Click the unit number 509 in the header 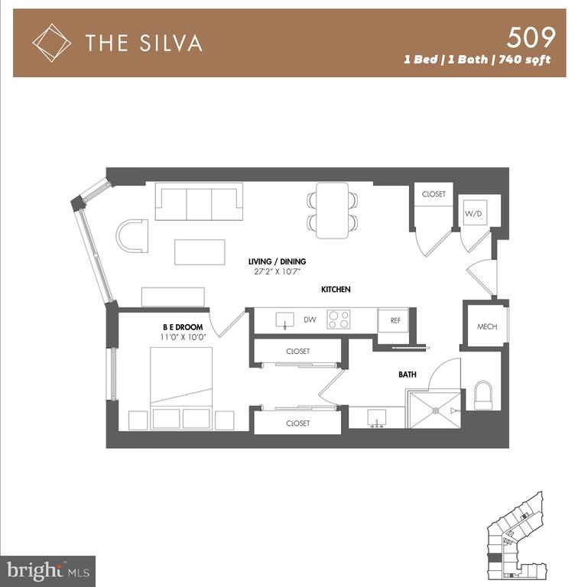[x=531, y=37]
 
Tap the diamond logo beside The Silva [x=52, y=43]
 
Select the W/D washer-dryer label [x=473, y=214]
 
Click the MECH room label [x=487, y=326]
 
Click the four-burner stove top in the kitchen [x=339, y=319]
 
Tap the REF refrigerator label [x=395, y=320]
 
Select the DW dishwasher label [x=310, y=319]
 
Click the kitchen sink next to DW [x=285, y=320]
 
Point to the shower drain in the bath [x=435, y=410]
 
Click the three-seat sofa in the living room [x=199, y=202]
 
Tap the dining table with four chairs [x=332, y=210]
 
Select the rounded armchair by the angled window [x=132, y=236]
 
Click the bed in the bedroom [x=181, y=388]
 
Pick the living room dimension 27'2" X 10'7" [x=278, y=272]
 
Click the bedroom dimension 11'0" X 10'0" [x=183, y=337]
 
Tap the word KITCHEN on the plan [x=336, y=290]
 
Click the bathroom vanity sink [x=377, y=418]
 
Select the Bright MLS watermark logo [x=48, y=571]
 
